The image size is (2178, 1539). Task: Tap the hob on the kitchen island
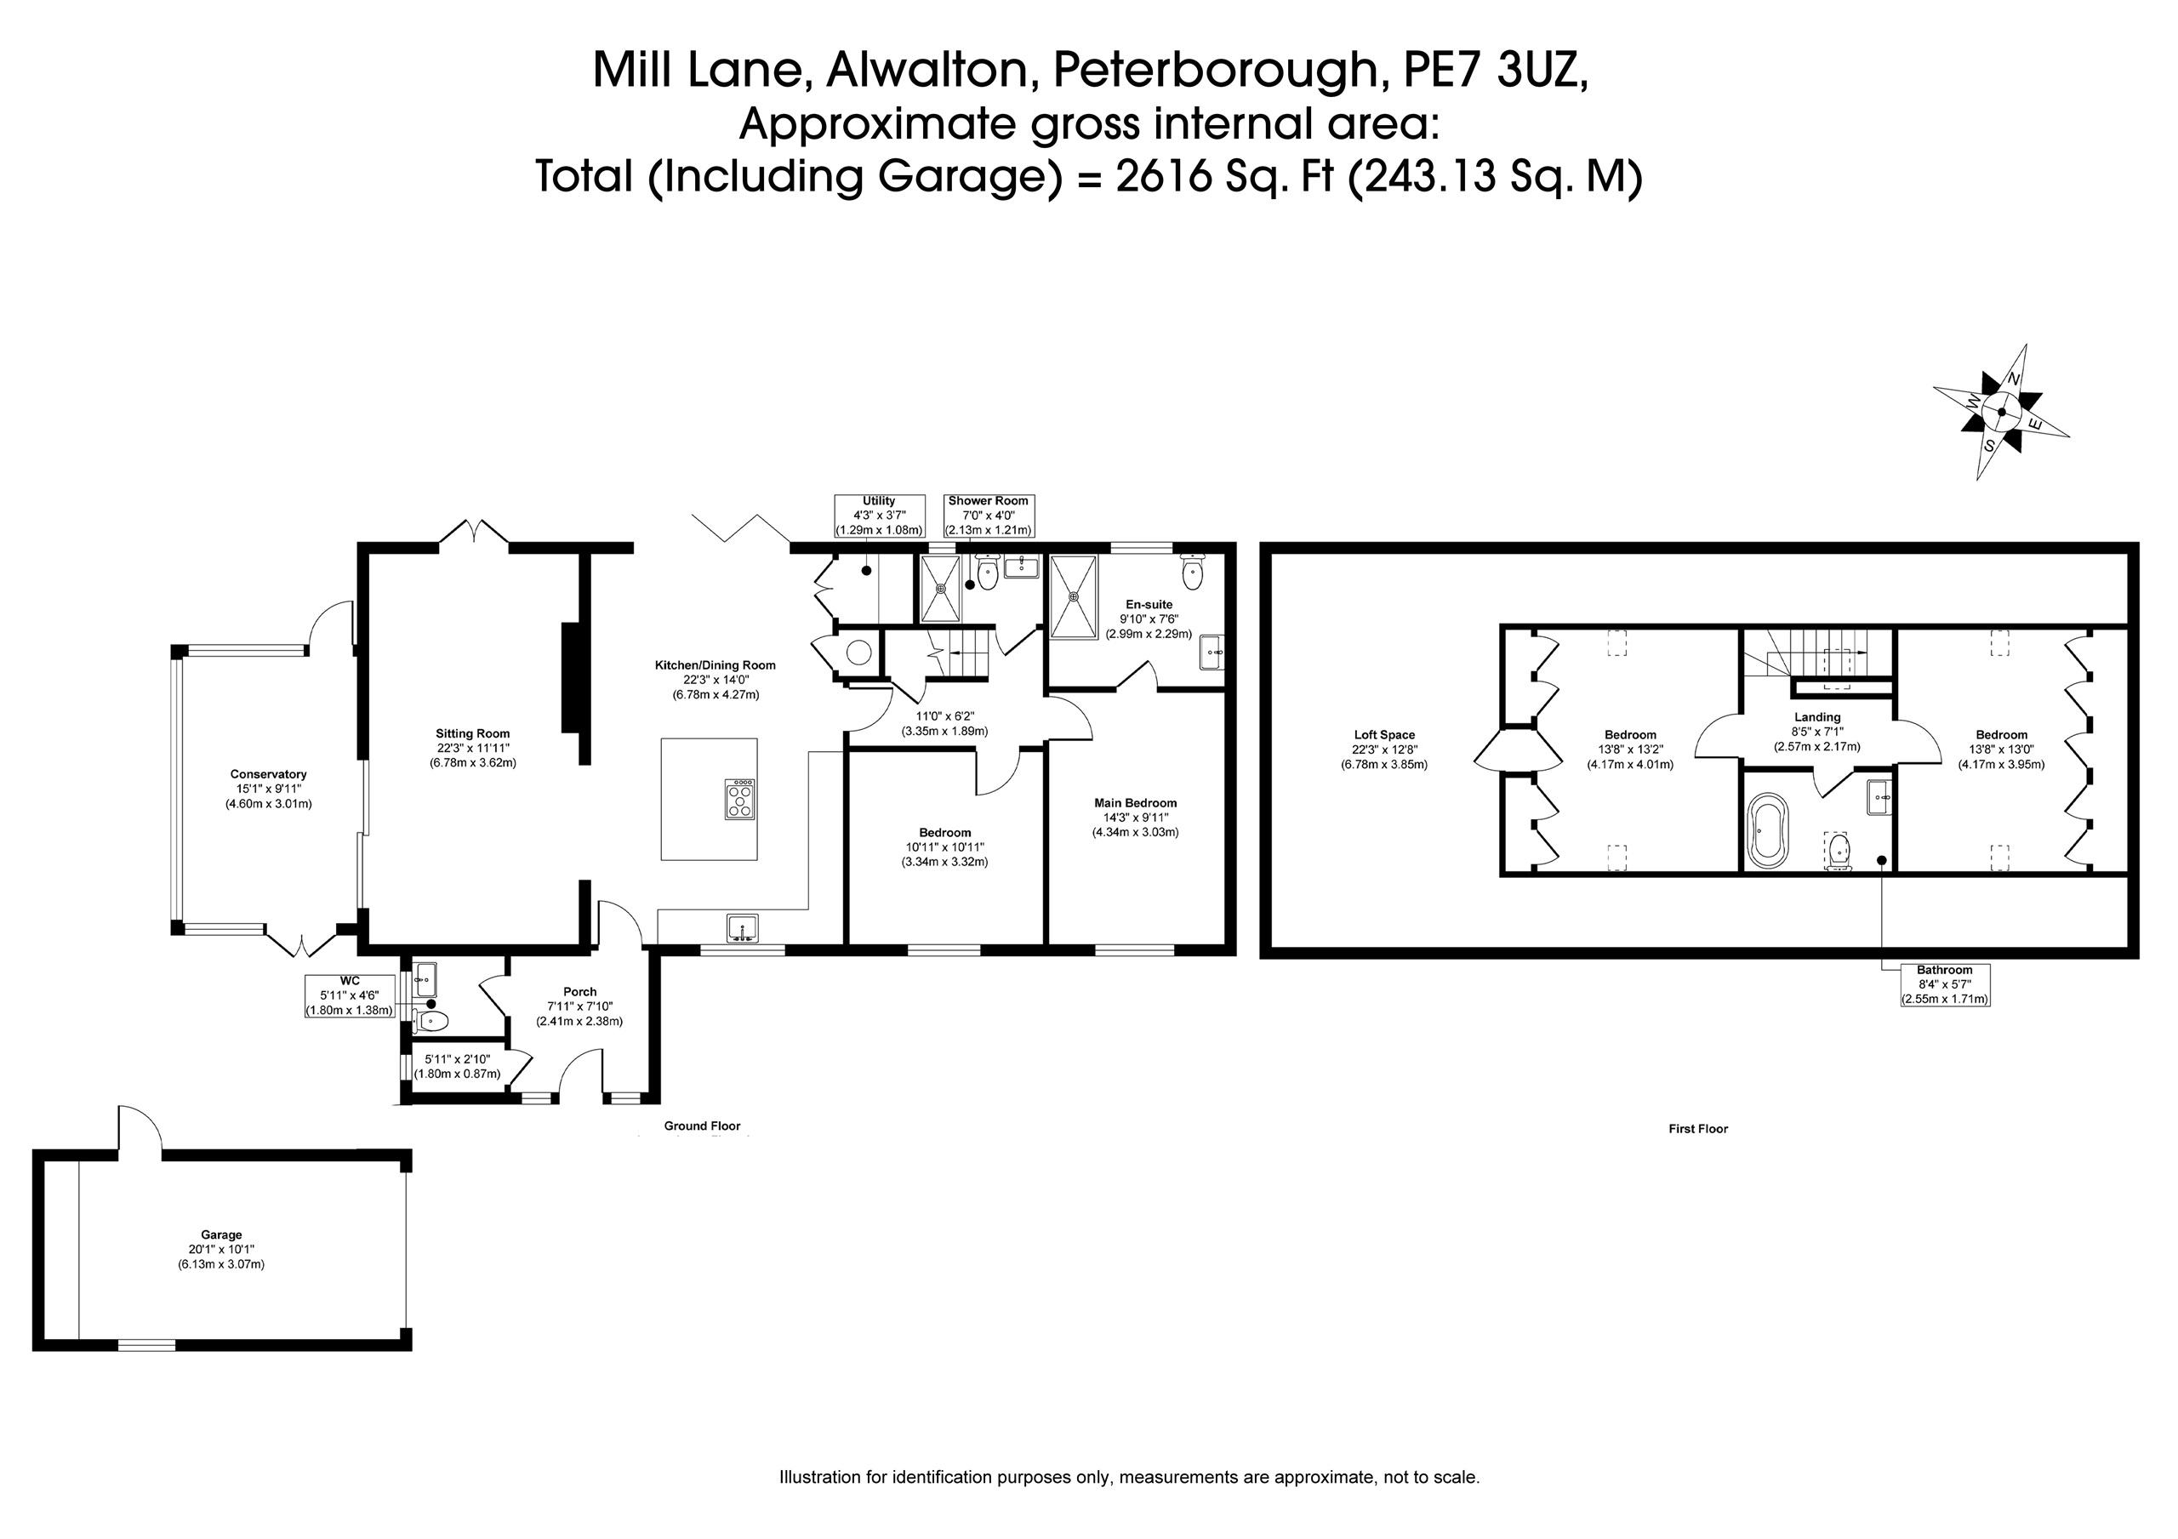click(x=740, y=799)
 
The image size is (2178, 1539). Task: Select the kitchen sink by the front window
click(x=743, y=928)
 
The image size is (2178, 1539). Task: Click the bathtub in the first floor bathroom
click(x=1767, y=831)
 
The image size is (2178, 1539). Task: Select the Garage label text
click(x=221, y=1235)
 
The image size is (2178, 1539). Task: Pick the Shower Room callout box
click(x=989, y=516)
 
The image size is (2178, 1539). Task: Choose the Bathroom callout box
click(x=1945, y=985)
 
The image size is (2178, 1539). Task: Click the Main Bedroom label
click(x=1136, y=803)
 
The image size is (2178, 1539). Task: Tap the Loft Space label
click(x=1384, y=734)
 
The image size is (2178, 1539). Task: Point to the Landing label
click(x=1817, y=717)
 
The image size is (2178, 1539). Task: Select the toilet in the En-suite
click(x=1193, y=571)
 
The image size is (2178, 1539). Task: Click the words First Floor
click(x=1698, y=1129)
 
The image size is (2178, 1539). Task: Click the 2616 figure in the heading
click(x=1165, y=176)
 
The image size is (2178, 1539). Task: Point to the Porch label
click(x=579, y=991)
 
